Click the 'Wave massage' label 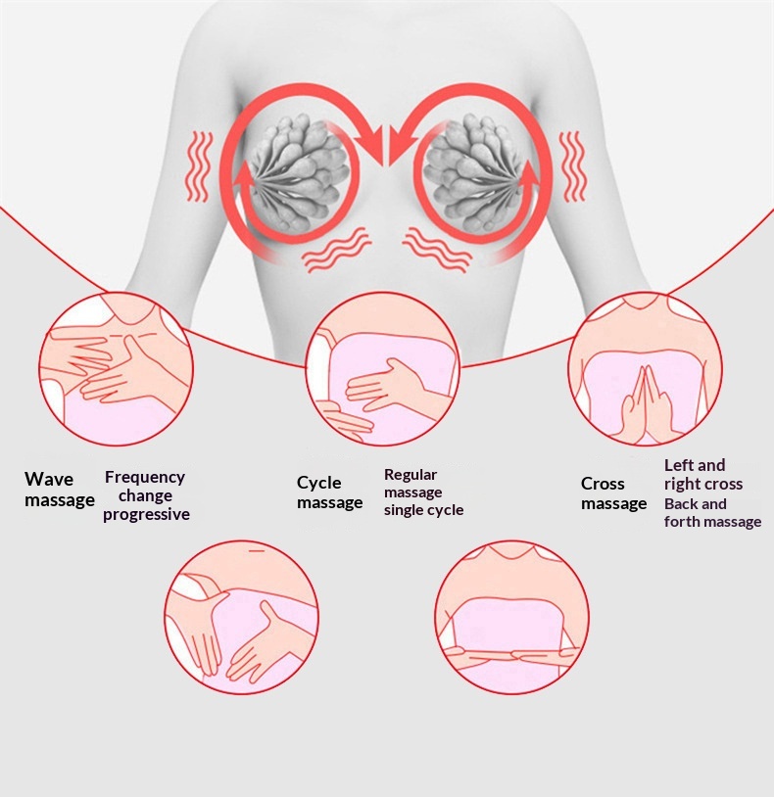click(x=60, y=489)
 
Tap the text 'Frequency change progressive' click(x=146, y=495)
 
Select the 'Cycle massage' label click(x=329, y=492)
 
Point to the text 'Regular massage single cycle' click(x=423, y=492)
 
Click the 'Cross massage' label click(x=613, y=493)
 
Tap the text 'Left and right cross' click(x=702, y=474)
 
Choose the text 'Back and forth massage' click(x=712, y=512)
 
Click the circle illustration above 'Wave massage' click(x=117, y=368)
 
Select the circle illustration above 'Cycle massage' click(x=383, y=368)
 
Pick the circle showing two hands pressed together click(x=645, y=368)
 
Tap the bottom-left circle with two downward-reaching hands click(x=242, y=617)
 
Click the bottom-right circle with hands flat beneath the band click(x=512, y=617)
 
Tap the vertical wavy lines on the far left click(x=198, y=166)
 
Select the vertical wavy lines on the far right click(x=573, y=166)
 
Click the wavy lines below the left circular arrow click(x=336, y=249)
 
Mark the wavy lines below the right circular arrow click(x=437, y=249)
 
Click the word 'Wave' click(x=49, y=479)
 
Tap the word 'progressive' click(x=146, y=514)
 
